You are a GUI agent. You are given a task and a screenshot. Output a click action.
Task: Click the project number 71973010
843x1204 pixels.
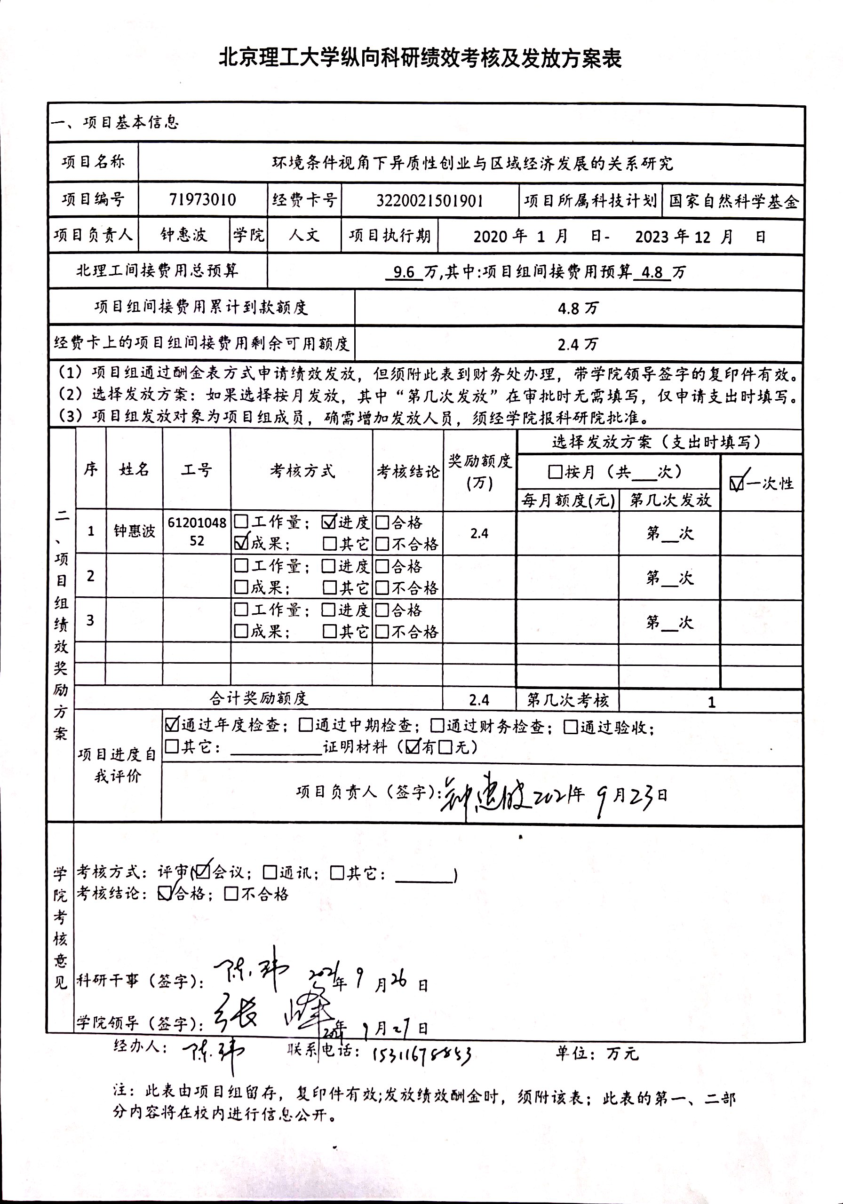click(202, 200)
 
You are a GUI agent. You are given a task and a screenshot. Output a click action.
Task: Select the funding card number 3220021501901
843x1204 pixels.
click(429, 201)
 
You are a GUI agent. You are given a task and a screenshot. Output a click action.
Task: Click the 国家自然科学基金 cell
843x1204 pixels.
click(733, 201)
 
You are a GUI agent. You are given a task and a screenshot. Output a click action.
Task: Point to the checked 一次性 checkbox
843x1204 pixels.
click(737, 483)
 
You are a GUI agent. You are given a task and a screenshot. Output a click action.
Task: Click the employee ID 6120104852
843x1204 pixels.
click(197, 531)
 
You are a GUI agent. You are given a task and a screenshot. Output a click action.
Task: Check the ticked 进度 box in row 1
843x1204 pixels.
click(329, 521)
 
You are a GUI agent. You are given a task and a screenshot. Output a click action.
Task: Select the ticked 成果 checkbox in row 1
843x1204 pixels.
click(241, 543)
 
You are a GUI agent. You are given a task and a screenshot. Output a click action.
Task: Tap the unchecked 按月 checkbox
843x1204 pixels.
click(555, 472)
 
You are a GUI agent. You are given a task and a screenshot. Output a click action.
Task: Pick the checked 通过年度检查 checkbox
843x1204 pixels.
click(172, 725)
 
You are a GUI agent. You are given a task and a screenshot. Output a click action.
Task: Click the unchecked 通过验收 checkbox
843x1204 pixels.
click(571, 727)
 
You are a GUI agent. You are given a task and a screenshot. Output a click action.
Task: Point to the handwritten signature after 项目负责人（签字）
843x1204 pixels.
click(485, 795)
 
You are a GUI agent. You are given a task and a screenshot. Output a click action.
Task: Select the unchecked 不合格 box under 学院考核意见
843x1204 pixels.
click(231, 894)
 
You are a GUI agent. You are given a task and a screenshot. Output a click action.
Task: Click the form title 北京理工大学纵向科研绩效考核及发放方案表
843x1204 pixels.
click(420, 58)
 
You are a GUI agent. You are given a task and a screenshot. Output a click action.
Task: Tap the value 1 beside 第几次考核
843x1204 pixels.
click(711, 702)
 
